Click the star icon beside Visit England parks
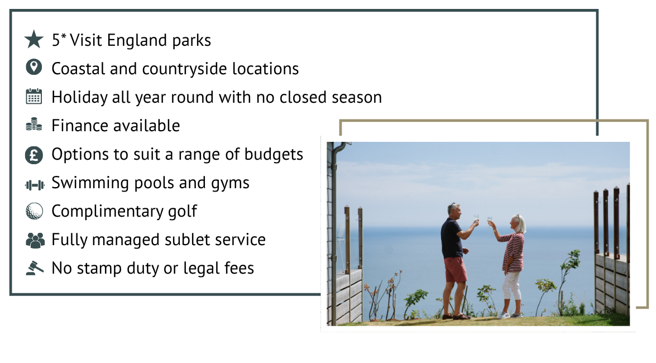[x=34, y=40]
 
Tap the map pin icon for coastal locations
[x=34, y=68]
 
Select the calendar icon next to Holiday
[x=34, y=97]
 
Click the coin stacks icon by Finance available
[x=34, y=125]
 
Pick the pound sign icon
[x=34, y=154]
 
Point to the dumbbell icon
[x=35, y=183]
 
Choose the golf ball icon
[x=34, y=211]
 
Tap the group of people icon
[x=35, y=240]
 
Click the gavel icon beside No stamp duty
[x=35, y=268]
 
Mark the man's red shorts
[x=456, y=269]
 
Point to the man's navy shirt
[x=451, y=237]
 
